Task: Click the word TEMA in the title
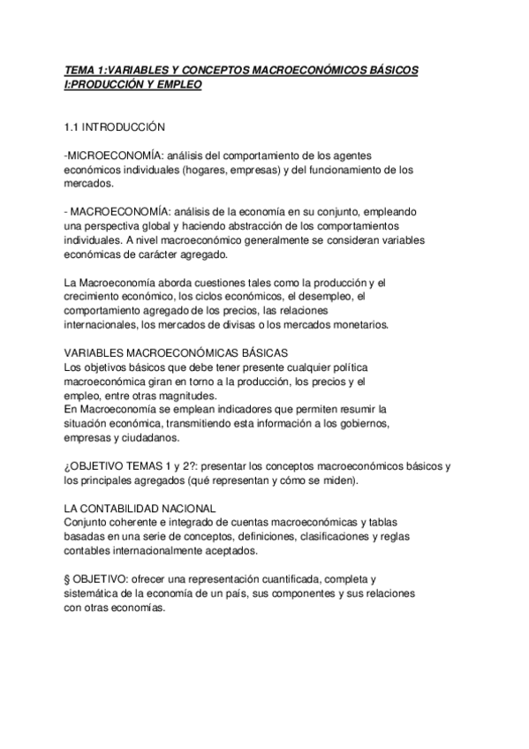[x=80, y=69]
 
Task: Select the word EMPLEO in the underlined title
[x=179, y=84]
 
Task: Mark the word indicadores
[x=226, y=409]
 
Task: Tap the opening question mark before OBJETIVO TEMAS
[x=69, y=466]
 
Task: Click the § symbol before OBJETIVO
[x=69, y=579]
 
